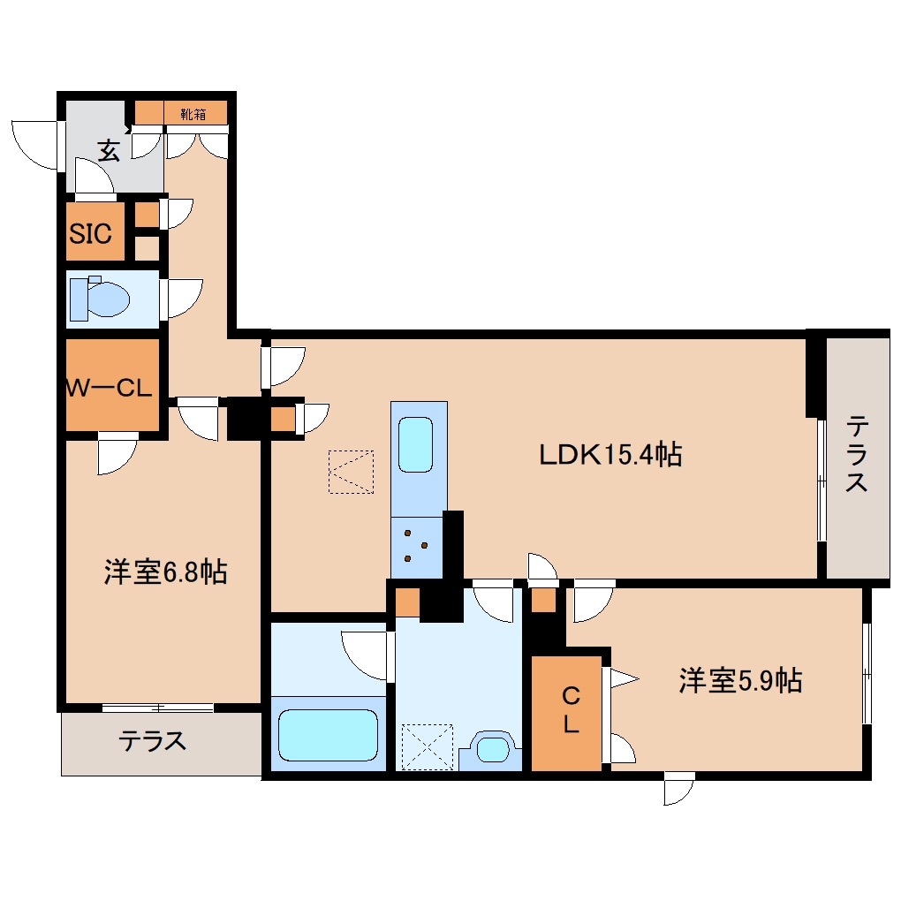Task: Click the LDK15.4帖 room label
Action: coord(610,455)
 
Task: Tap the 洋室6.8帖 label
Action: coord(165,572)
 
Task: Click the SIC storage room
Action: coord(91,234)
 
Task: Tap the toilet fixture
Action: coord(99,298)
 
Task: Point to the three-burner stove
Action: coord(415,545)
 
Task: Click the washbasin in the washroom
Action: coord(491,748)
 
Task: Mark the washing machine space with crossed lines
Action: coord(427,746)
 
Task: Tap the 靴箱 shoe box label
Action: coord(194,113)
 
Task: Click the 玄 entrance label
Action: coord(108,150)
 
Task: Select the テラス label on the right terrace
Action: coord(857,455)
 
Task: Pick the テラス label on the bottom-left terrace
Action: coord(153,740)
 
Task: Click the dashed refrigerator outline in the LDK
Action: coord(351,471)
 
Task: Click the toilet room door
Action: coord(181,298)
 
